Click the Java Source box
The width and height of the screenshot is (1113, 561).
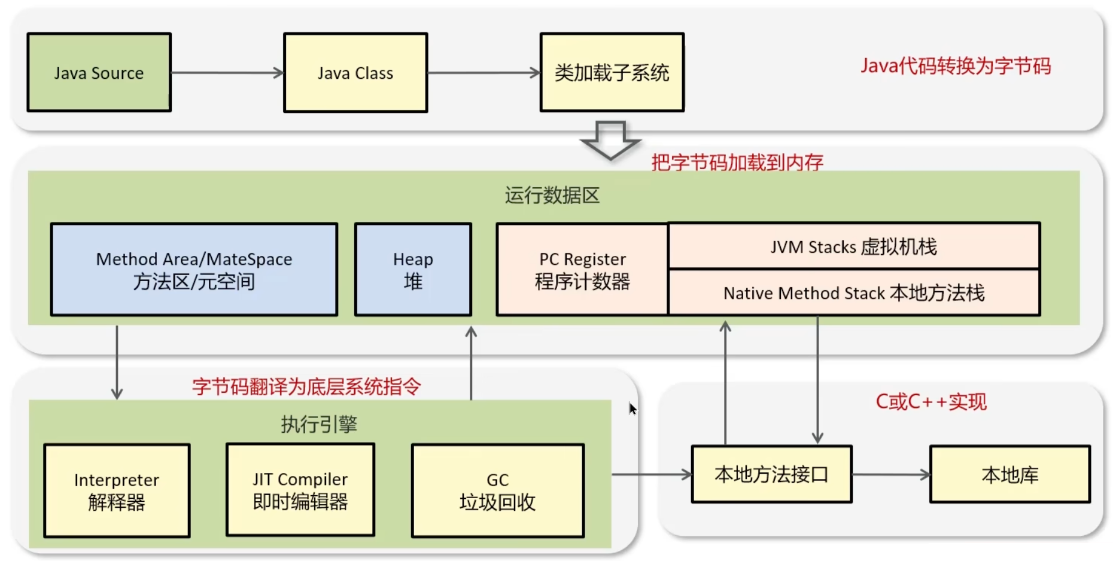coord(99,72)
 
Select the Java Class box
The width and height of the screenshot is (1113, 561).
coord(355,72)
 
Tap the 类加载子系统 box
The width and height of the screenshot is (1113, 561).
coord(612,72)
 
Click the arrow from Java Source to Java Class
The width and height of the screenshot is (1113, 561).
coord(227,73)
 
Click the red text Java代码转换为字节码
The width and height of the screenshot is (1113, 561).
coord(956,66)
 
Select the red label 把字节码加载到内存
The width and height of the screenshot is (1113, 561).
coord(737,162)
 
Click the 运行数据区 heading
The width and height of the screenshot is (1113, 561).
coord(552,196)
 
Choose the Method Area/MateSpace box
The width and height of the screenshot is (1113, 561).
coord(194,270)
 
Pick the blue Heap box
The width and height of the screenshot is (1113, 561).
coord(413,270)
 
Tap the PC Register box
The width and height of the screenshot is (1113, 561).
coord(582,270)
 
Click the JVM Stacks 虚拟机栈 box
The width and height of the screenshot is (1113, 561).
coord(853,246)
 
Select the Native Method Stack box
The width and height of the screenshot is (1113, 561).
coord(853,293)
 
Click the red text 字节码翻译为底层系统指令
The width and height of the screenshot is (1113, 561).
coord(306,387)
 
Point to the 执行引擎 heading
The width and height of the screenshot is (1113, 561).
coord(319,424)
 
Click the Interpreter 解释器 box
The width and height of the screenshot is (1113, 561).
coord(117,490)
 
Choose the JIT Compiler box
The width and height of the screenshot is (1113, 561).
coord(300,490)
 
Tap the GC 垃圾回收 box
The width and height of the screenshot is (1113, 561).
coord(497,490)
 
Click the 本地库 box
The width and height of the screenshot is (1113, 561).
coord(1009,474)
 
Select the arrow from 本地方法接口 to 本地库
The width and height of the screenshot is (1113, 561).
coord(890,475)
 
